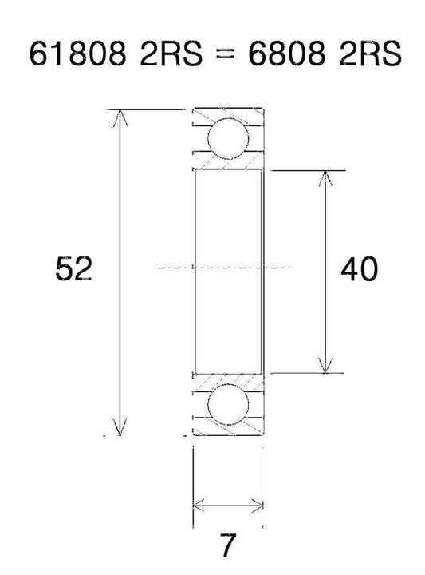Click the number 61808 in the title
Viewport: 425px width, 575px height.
(x=77, y=54)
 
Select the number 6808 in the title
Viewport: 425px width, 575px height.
(x=286, y=54)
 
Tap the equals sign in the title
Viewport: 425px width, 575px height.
(x=225, y=54)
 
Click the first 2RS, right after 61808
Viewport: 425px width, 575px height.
(x=171, y=54)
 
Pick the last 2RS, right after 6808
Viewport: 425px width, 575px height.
(x=370, y=54)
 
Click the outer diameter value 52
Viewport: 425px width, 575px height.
(x=73, y=268)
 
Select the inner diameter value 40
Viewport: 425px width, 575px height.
(x=359, y=269)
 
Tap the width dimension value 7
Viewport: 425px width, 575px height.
(x=227, y=545)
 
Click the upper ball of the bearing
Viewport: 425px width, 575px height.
(x=228, y=138)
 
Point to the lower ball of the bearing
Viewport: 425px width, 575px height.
(x=228, y=404)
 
